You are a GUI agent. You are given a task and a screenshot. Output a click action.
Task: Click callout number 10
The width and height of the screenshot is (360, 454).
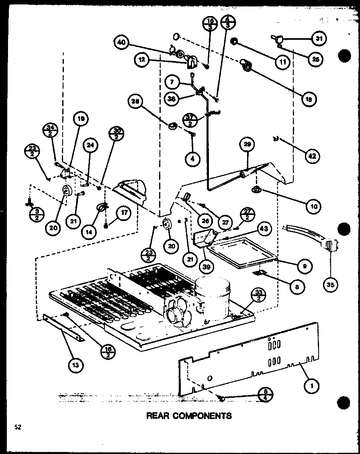(313, 207)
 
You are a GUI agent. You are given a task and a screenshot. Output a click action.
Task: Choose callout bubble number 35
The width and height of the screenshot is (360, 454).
(331, 285)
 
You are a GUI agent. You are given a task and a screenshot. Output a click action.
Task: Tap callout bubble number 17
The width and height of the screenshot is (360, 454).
(123, 214)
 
